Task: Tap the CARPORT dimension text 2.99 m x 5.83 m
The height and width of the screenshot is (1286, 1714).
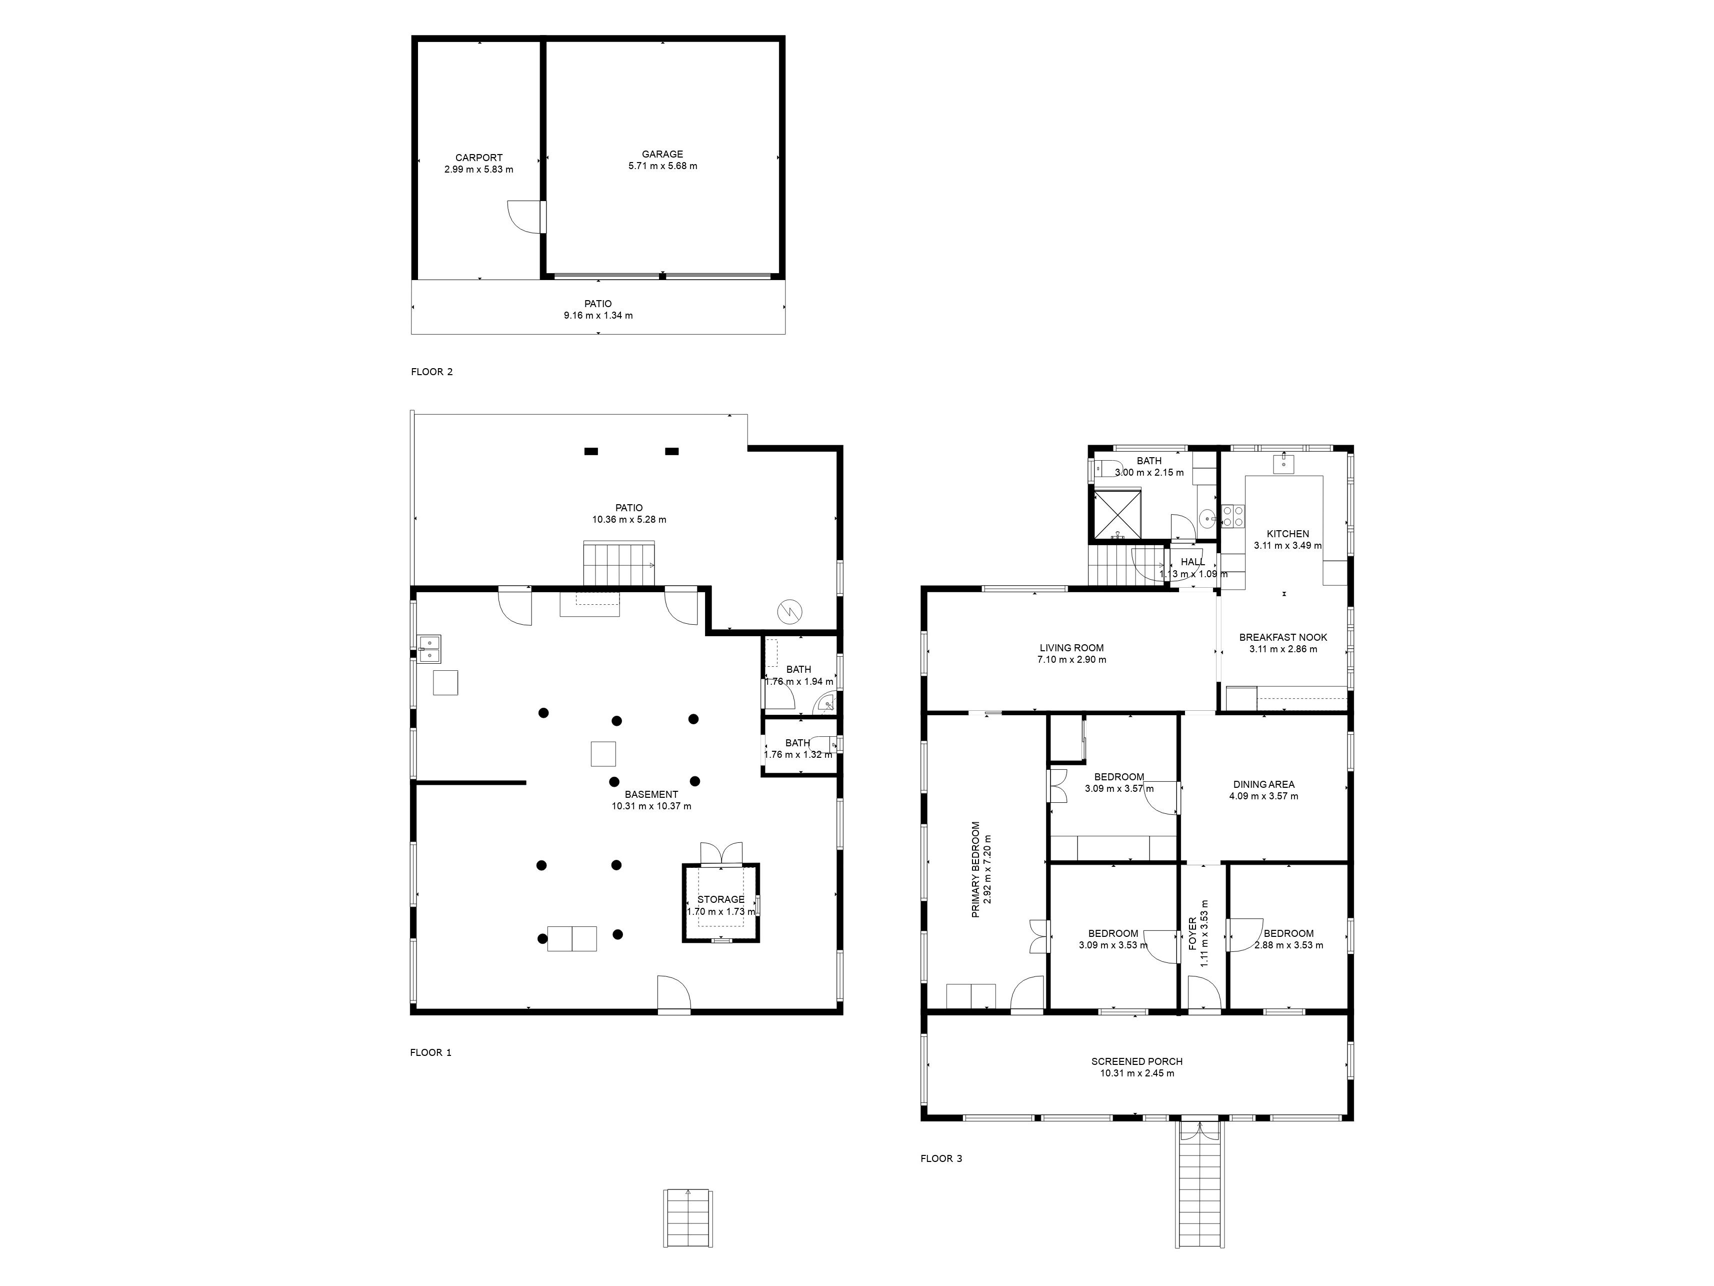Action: pos(479,170)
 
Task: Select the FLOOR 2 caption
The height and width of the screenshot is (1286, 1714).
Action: pos(431,372)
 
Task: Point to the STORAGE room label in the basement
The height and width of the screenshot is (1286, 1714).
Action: pos(720,900)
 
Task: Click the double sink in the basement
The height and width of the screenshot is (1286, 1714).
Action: pos(429,649)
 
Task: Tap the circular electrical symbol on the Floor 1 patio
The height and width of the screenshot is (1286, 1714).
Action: pos(789,612)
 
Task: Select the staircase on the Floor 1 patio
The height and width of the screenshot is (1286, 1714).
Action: pos(619,564)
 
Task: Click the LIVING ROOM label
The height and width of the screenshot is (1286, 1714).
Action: pos(1071,648)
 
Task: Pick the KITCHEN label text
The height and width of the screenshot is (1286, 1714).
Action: pos(1288,534)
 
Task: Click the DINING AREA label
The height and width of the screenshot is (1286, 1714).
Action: pos(1264,784)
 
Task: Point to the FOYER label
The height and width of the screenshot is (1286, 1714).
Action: pos(1192,934)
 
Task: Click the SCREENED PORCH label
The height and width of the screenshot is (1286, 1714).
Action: pos(1136,1062)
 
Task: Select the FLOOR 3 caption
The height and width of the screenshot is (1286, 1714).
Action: pos(941,1159)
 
